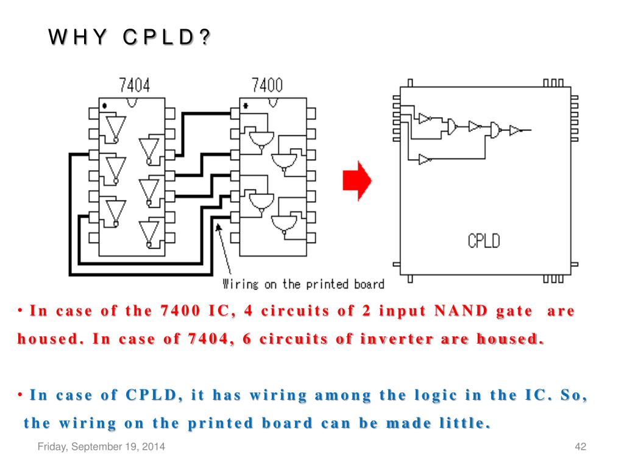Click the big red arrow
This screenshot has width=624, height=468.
pos(357,180)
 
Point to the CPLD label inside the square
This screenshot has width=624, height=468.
pos(483,240)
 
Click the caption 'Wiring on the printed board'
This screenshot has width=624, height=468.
pos(303,284)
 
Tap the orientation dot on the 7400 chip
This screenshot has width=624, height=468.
pos(245,105)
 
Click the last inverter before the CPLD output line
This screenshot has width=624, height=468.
pos(515,130)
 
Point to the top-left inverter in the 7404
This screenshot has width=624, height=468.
pos(114,126)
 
